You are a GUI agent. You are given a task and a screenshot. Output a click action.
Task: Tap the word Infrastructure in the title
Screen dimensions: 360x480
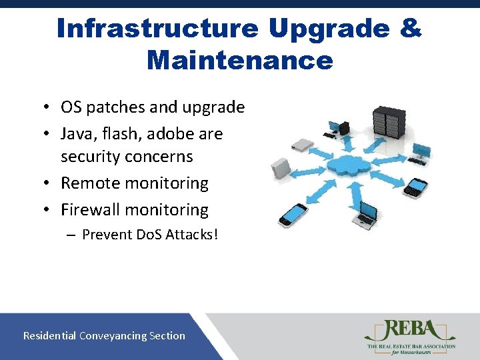pos(157,29)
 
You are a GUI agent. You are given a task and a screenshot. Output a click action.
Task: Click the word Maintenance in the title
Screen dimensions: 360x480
pos(239,60)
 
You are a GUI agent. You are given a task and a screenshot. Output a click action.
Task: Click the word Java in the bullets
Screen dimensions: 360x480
pos(77,134)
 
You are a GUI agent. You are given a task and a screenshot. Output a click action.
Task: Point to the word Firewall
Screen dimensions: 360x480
pos(91,210)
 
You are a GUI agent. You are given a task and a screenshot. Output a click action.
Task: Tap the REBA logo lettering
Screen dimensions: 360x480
pos(410,331)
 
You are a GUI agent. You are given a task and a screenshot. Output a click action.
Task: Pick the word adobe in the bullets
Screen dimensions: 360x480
pos(171,134)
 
